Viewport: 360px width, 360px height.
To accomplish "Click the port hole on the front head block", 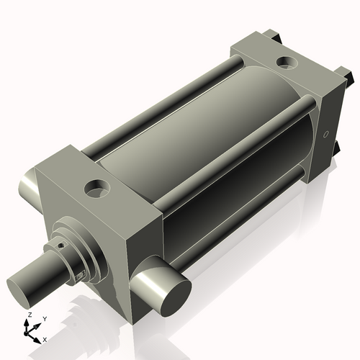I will coord(95,189).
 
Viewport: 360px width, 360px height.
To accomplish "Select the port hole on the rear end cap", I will coord(287,63).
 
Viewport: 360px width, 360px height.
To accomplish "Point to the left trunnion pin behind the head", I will coord(29,189).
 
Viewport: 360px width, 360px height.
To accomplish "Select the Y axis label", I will coord(44,318).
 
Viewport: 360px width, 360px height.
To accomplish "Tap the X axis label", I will coord(45,338).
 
